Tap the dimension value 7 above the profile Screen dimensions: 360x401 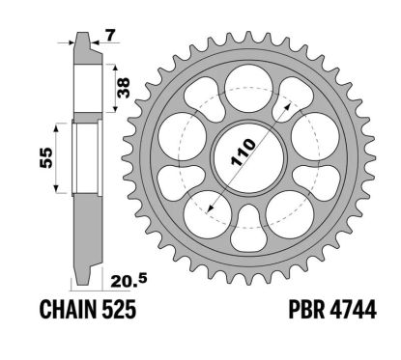point(111,37)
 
